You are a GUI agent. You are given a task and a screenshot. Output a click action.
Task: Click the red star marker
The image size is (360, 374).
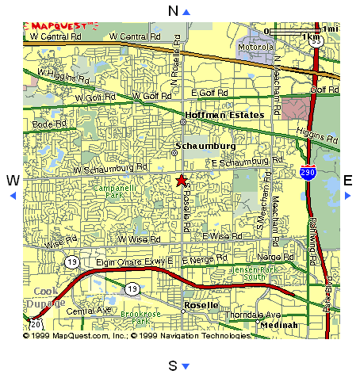point(182,181)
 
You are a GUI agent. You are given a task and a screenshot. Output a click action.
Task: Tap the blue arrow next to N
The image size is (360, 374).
point(186,11)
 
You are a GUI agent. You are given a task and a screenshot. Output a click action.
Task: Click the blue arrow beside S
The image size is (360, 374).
point(186,365)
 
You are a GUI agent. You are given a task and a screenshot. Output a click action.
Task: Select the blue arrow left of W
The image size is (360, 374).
point(12,195)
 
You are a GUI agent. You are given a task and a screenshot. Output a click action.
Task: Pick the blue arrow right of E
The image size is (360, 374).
point(347,195)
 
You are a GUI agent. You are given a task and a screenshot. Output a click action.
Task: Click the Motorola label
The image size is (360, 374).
point(256,46)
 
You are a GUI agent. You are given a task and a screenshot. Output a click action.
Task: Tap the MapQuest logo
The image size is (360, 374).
point(60,25)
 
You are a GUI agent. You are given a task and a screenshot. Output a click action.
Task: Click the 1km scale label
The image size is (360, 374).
point(312,36)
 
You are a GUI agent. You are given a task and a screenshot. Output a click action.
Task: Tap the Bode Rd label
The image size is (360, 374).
point(48,124)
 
